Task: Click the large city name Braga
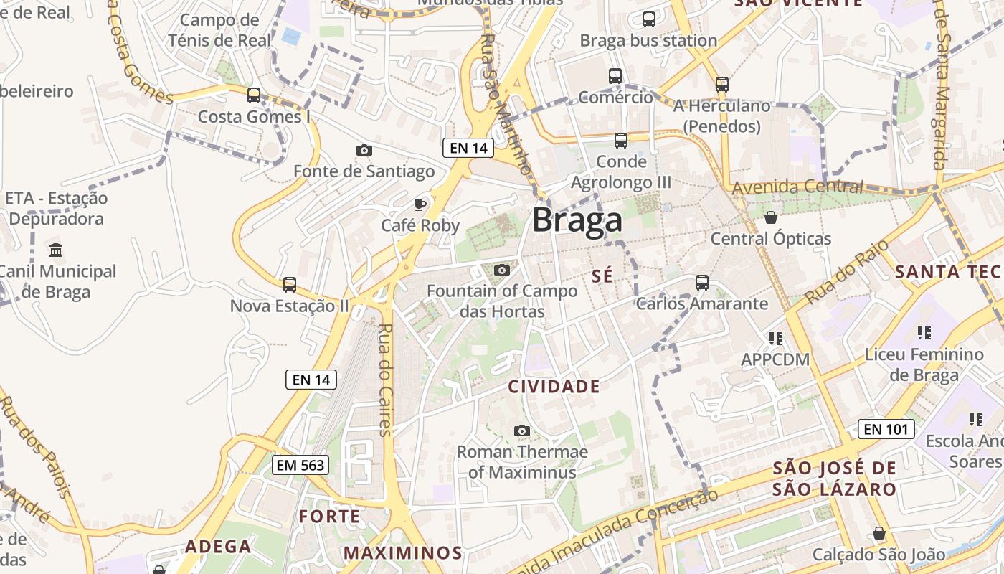pos(577,220)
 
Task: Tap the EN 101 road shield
pos(886,429)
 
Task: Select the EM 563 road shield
pos(301,465)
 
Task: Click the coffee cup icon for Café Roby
pos(420,205)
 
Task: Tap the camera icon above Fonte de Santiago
pos(364,150)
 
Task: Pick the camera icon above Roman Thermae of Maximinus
pos(522,430)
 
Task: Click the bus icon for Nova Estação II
pos(290,285)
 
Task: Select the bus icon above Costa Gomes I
pos(254,95)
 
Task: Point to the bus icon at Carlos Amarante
pos(702,283)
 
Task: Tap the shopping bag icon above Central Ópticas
pos(771,217)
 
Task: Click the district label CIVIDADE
pos(554,387)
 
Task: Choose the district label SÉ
pos(603,276)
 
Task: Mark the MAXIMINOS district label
pos(402,552)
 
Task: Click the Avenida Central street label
pos(797,187)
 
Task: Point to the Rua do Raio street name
pos(846,272)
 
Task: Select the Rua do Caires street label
pos(386,380)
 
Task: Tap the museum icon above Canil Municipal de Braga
pos(56,250)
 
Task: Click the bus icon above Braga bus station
pos(649,19)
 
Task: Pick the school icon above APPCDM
pos(775,338)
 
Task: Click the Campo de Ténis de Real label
pos(219,30)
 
